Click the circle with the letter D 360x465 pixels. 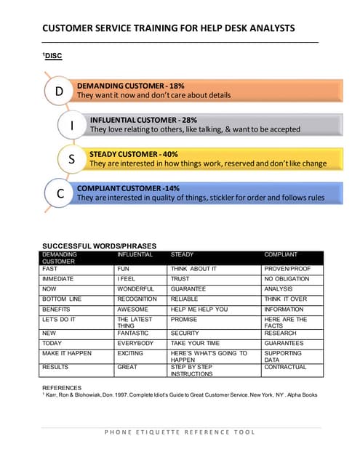(60, 91)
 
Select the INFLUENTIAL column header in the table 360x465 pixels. (135, 255)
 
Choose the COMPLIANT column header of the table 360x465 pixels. (281, 255)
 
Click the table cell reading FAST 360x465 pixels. (50, 269)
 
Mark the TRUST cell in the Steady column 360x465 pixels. (180, 279)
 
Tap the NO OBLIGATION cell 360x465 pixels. (287, 279)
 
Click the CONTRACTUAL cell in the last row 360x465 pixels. (285, 368)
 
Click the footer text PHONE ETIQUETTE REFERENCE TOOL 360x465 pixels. (180, 432)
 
